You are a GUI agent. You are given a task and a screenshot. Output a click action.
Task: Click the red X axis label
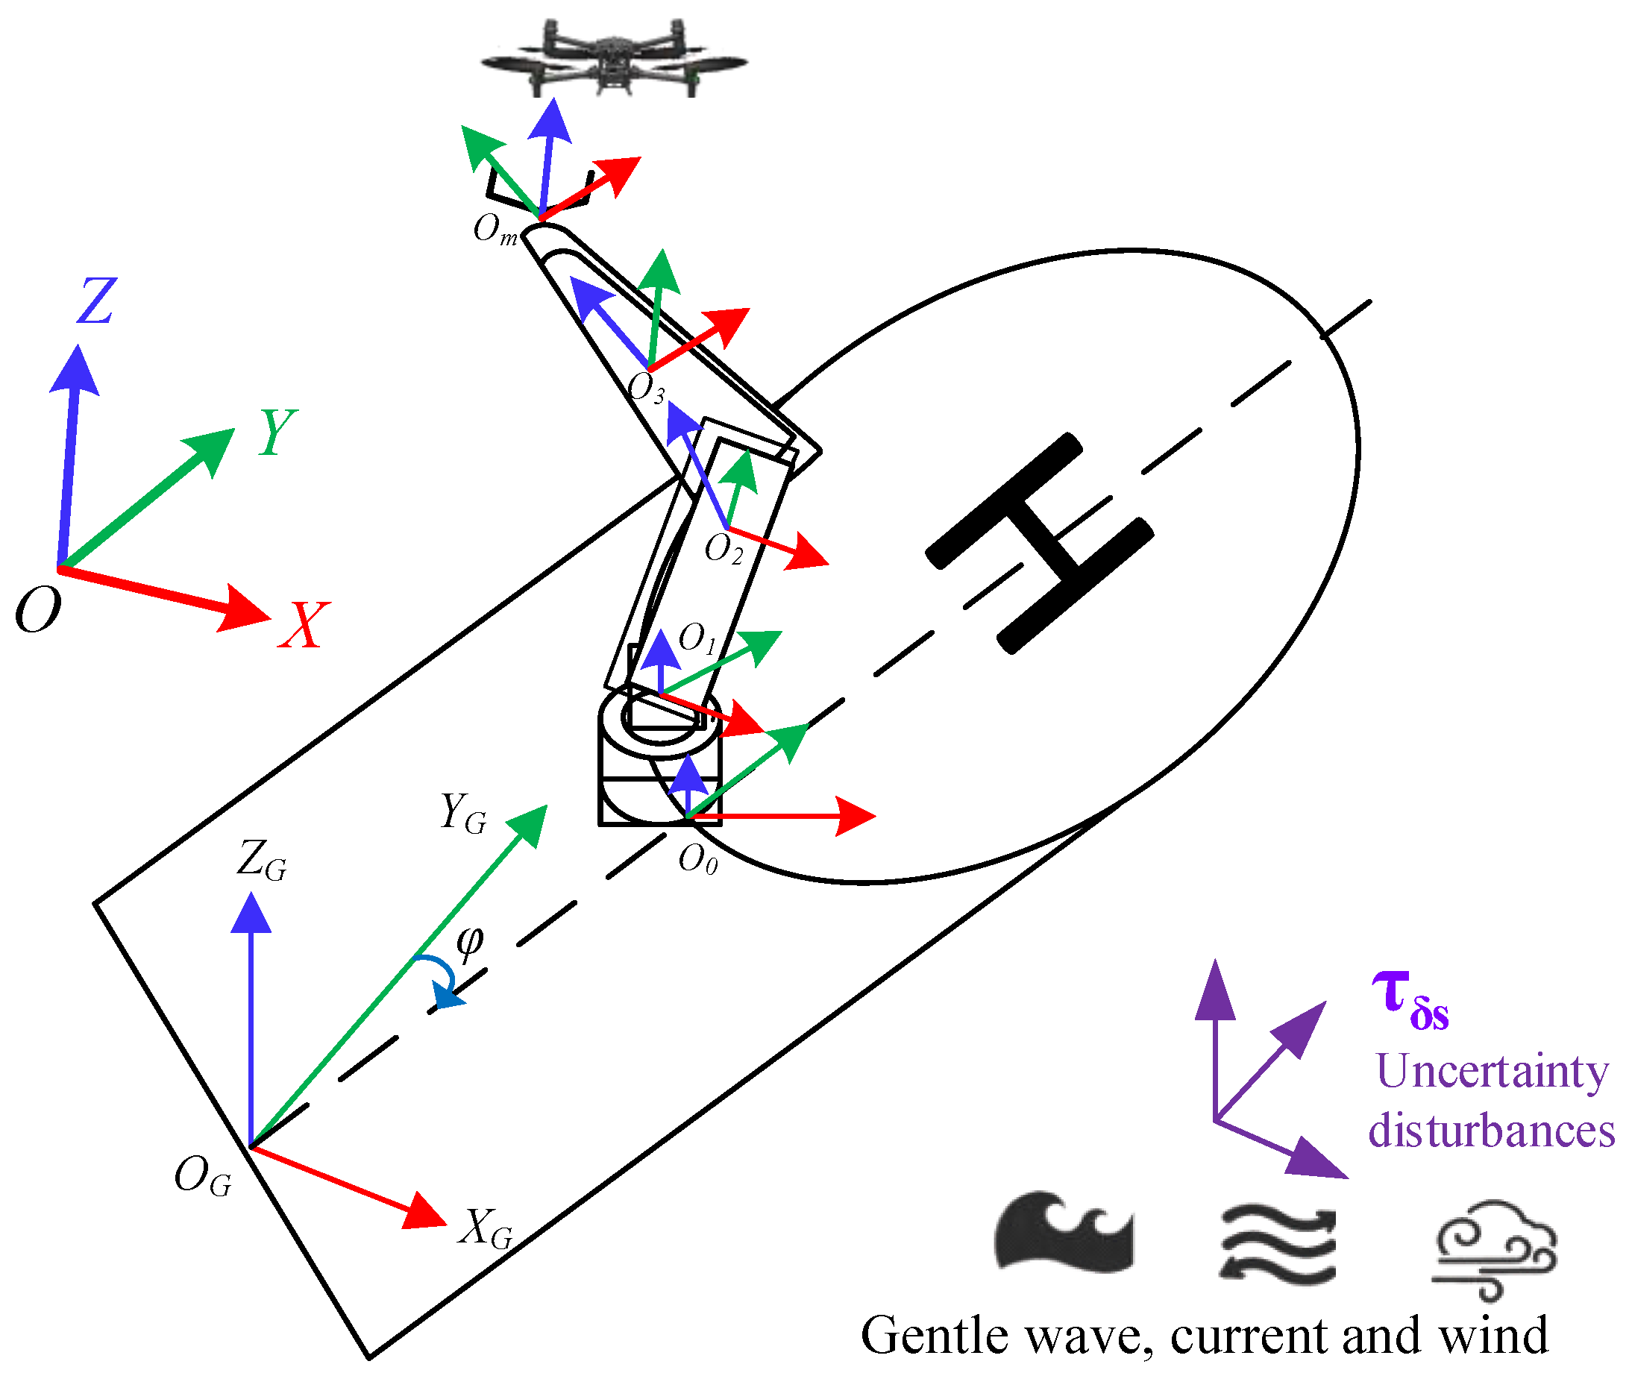(304, 625)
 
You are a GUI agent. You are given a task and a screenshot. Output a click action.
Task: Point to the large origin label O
(37, 609)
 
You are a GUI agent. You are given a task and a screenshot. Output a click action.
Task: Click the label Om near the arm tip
(495, 230)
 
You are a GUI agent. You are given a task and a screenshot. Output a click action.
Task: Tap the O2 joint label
(723, 549)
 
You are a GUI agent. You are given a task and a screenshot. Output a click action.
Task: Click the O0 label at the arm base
(697, 860)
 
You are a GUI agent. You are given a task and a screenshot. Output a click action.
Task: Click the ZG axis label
(262, 860)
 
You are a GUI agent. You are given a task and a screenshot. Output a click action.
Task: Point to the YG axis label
(463, 814)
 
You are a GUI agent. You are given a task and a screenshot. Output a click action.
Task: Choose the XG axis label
(486, 1228)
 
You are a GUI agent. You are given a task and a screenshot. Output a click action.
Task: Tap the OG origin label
(202, 1175)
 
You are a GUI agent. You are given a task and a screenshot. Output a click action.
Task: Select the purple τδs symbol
(1410, 999)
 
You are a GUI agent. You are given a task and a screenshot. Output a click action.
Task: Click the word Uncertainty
(1491, 1072)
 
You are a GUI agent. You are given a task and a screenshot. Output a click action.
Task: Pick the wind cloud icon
(1494, 1248)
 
